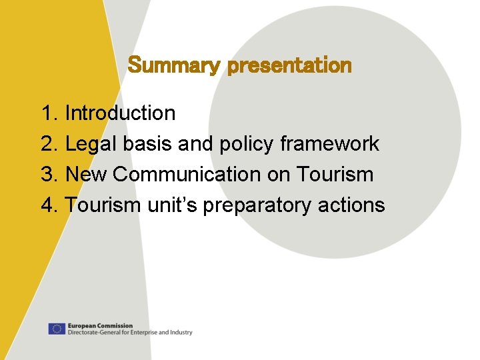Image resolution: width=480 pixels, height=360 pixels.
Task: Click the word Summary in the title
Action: [x=175, y=66]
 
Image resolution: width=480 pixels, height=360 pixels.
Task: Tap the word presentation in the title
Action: [x=289, y=66]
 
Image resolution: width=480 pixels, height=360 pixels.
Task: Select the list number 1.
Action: [x=49, y=113]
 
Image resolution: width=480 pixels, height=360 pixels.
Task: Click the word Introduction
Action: [x=120, y=113]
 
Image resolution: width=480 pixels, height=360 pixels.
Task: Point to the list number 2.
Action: [x=49, y=144]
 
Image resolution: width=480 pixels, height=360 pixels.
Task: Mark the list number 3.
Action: [x=49, y=175]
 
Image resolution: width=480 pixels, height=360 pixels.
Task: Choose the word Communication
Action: [x=187, y=175]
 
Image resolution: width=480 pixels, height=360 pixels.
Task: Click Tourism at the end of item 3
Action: [x=335, y=175]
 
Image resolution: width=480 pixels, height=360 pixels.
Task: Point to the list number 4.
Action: [x=49, y=205]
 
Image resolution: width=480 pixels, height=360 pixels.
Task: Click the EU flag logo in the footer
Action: [x=57, y=329]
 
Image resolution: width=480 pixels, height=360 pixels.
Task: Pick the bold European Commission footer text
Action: [x=100, y=325]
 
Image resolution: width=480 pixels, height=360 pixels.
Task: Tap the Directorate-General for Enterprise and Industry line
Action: [x=130, y=332]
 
